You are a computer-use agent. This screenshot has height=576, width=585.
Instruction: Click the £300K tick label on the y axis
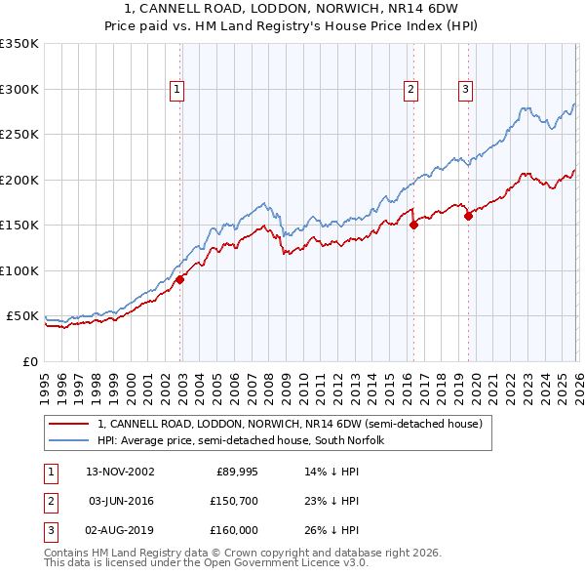19,89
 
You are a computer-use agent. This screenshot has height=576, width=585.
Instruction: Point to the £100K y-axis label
19,270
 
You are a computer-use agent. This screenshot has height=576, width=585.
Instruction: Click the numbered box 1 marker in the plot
176,90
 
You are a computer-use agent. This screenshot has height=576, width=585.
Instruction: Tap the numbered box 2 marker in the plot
410,90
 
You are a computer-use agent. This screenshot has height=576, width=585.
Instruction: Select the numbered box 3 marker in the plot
465,90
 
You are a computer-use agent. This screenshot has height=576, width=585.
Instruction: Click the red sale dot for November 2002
180,280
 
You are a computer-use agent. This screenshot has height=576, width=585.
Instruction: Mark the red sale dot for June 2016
413,225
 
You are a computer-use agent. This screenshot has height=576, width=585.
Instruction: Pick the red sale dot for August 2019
468,216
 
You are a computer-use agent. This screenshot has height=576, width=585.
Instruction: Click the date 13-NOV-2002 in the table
120,471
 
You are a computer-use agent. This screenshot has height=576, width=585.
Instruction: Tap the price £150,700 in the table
232,500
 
